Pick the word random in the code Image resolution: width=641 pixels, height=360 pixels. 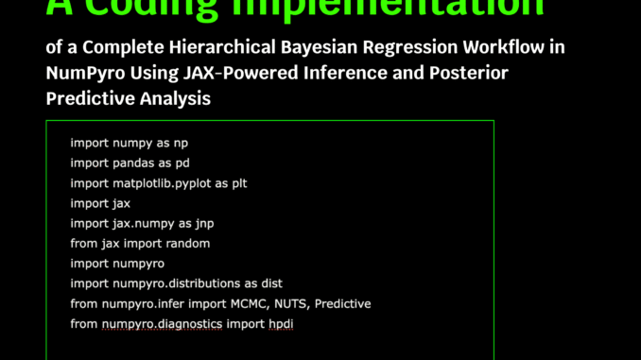coord(190,243)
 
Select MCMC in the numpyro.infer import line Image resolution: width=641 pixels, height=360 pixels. coord(230,303)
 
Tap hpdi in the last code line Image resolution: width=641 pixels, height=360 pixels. coord(283,324)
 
